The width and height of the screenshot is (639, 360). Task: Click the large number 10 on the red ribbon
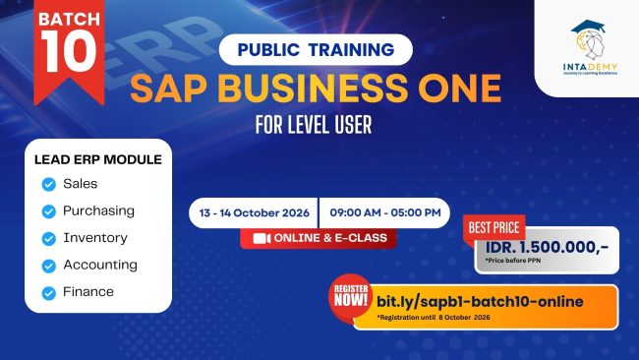(69, 51)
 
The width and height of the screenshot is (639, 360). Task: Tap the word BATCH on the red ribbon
(69, 19)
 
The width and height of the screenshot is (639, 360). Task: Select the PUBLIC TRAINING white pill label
(316, 50)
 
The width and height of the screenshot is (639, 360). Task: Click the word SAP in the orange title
(168, 89)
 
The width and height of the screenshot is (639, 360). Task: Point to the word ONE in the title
(459, 89)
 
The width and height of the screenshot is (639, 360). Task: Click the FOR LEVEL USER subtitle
(314, 125)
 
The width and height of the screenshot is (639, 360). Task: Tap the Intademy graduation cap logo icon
(589, 39)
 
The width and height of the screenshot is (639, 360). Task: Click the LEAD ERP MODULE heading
(97, 159)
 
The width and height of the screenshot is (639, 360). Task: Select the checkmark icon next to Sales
(49, 184)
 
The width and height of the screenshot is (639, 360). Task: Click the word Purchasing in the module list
(98, 210)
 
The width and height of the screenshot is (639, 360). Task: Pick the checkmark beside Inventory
(49, 238)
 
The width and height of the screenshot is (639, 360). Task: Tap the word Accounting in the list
(100, 265)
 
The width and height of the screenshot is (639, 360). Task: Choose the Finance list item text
(88, 291)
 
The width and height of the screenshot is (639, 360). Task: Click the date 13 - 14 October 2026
(255, 212)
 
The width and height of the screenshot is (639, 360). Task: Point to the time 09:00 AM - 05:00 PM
(385, 212)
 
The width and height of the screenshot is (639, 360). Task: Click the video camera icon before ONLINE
(261, 238)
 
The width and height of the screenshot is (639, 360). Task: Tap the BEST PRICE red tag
(494, 227)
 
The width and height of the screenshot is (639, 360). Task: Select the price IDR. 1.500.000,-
(547, 247)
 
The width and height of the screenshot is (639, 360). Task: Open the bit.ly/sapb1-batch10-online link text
(480, 302)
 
